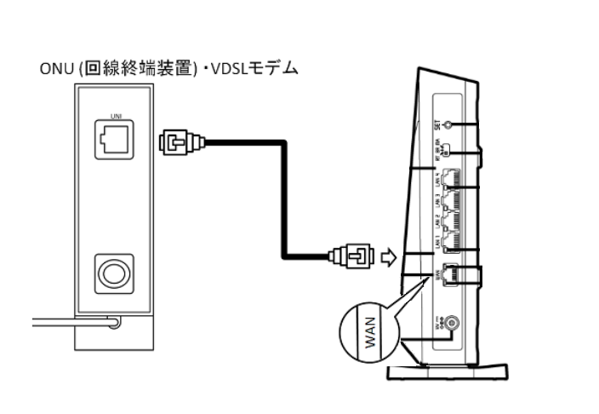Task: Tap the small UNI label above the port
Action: pos(111,114)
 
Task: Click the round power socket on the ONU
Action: pos(111,273)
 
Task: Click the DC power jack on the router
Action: pos(451,323)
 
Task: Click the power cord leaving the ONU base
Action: pos(60,322)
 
